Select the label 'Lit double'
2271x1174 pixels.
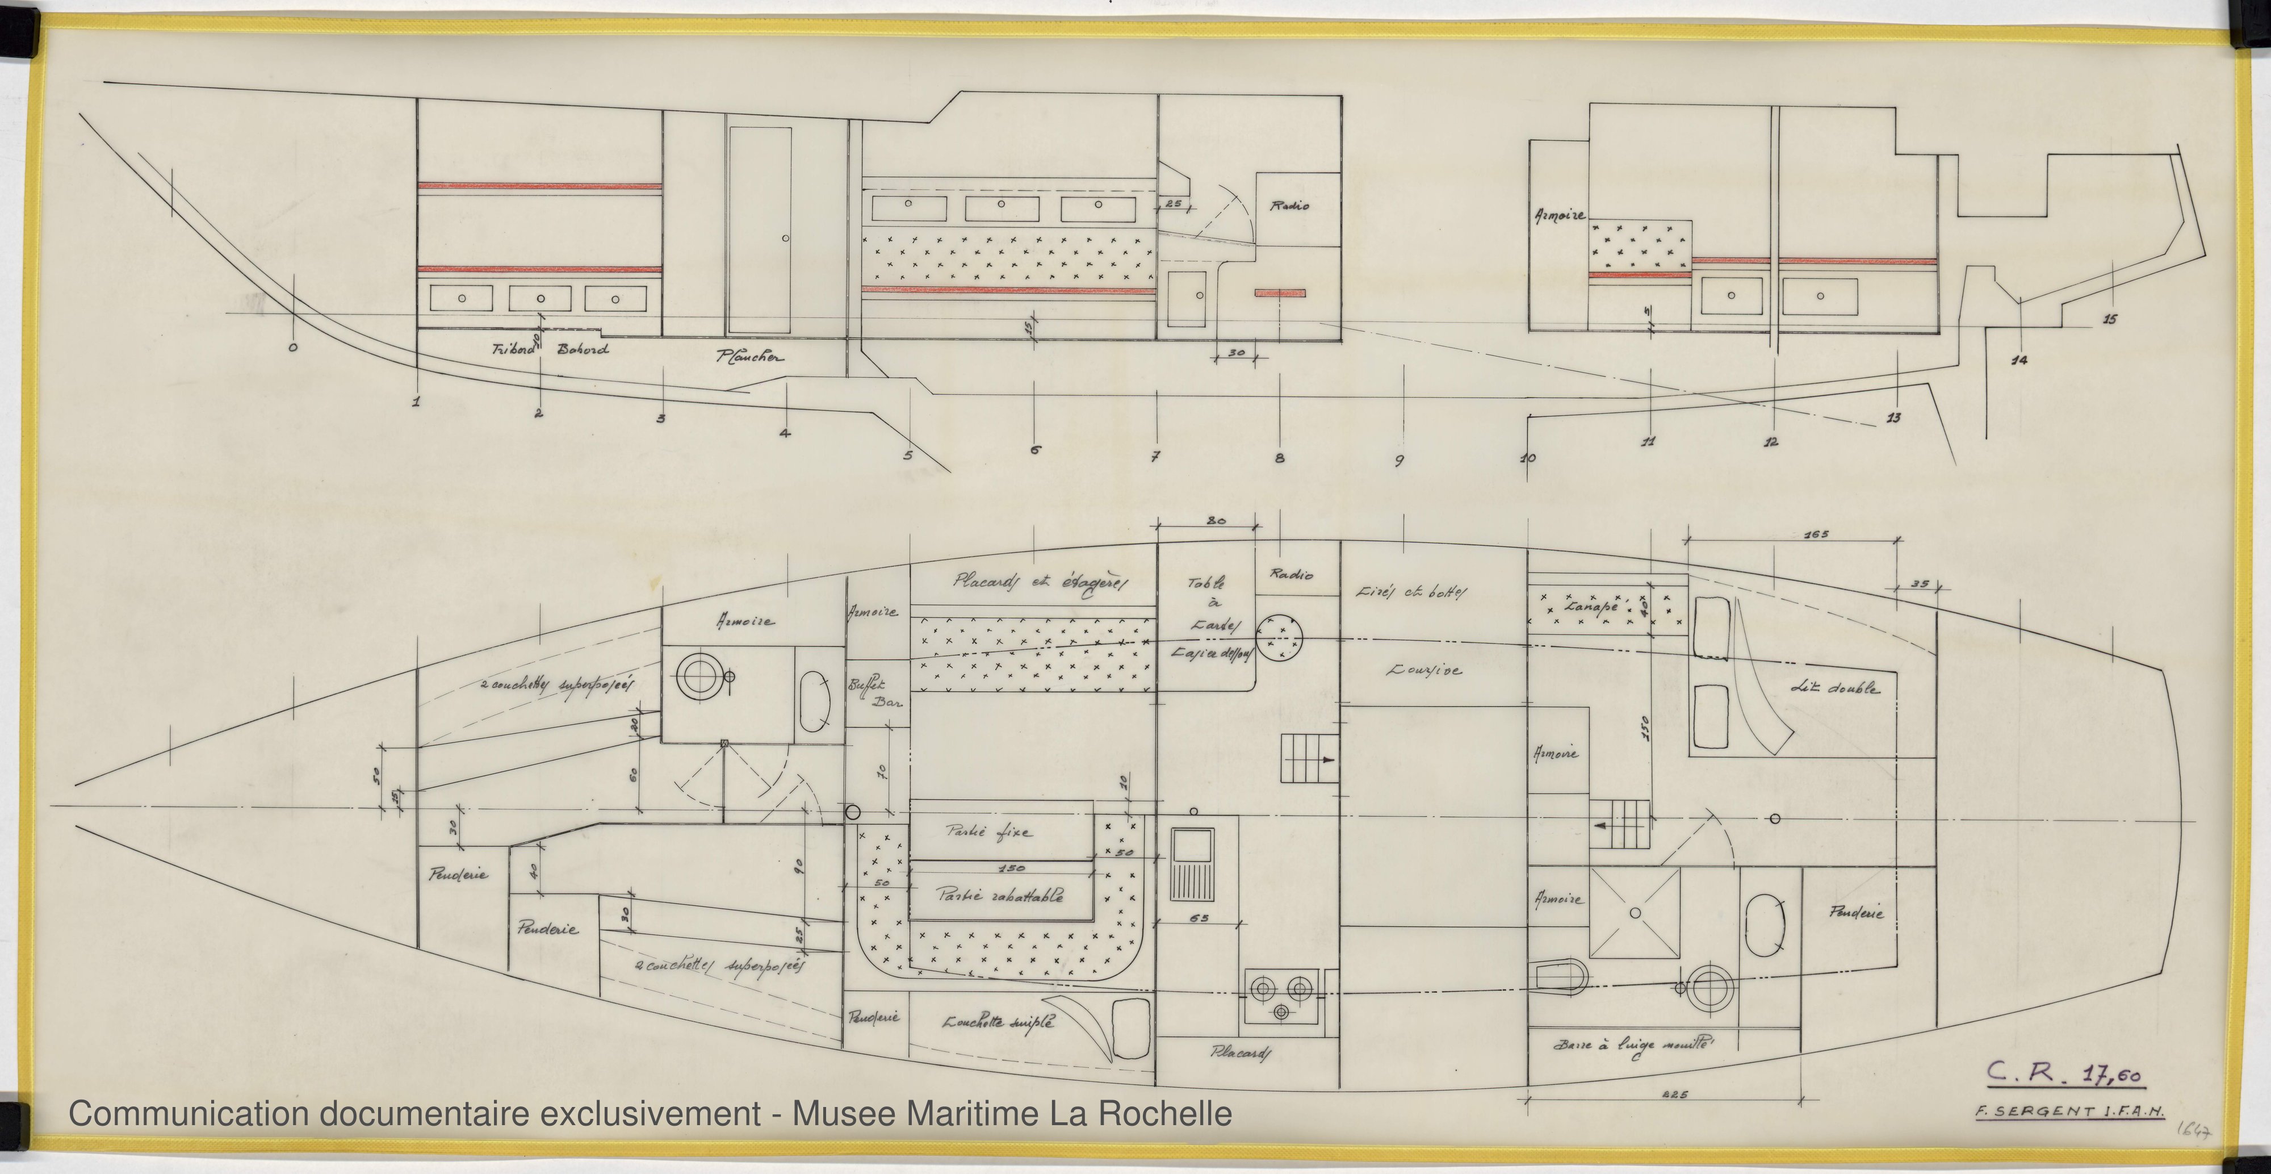pyautogui.click(x=1834, y=688)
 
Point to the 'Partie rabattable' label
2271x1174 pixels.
pyautogui.click(x=999, y=895)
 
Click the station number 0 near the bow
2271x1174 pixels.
pyautogui.click(x=293, y=348)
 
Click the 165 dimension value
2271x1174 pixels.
pyautogui.click(x=1791, y=534)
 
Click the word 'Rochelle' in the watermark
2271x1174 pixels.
pyautogui.click(x=1155, y=1113)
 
